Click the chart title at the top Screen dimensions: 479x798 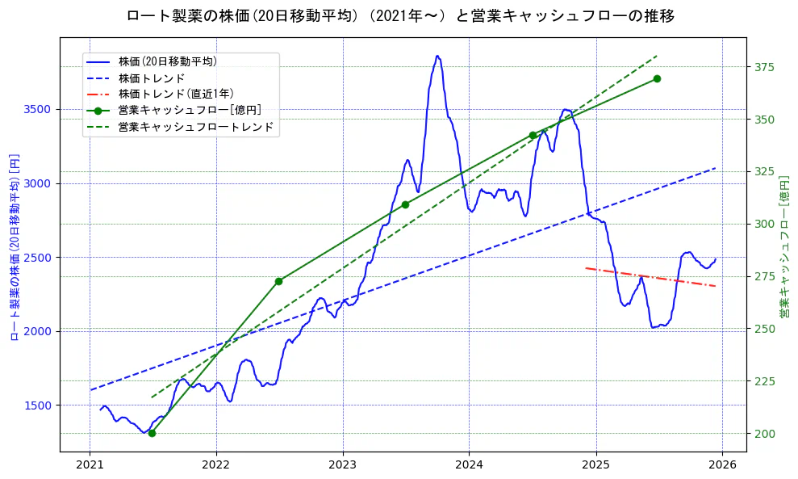pos(400,15)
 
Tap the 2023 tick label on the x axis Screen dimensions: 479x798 pos(342,465)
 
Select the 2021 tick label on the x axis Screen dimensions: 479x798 pos(90,465)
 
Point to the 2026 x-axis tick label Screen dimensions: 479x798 pos(722,465)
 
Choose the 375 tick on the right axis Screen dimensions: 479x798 pos(763,67)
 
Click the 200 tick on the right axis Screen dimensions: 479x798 pos(763,434)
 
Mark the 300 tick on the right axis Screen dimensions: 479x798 pos(763,225)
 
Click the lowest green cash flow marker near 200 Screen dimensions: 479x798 pos(152,433)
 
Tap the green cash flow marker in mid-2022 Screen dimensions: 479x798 pos(278,281)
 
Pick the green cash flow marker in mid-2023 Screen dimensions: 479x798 pos(405,204)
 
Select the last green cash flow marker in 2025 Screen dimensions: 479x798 pos(657,78)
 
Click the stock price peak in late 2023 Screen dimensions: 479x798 pos(437,57)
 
